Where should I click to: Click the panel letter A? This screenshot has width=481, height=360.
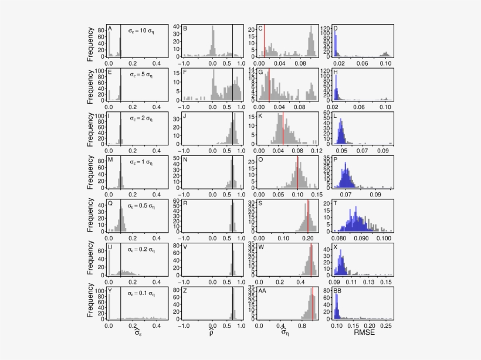point(110,29)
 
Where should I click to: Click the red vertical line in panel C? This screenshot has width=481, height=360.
point(265,41)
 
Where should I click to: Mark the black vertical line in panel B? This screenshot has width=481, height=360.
point(232,41)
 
